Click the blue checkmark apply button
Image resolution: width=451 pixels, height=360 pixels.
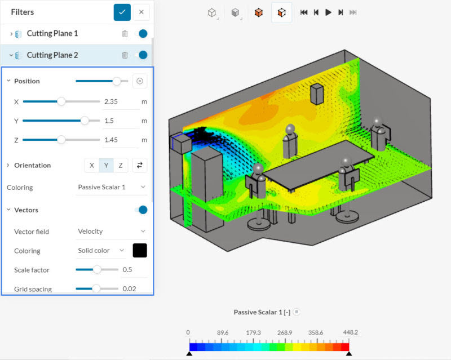pyautogui.click(x=122, y=12)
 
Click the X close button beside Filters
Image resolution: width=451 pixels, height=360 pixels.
pyautogui.click(x=142, y=12)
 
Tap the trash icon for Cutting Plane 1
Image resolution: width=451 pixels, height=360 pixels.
pyautogui.click(x=125, y=34)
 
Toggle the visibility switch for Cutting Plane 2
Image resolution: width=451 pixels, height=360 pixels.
pyautogui.click(x=142, y=55)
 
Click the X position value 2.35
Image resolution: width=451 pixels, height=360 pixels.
pyautogui.click(x=120, y=102)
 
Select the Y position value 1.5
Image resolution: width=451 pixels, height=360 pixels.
pyautogui.click(x=120, y=121)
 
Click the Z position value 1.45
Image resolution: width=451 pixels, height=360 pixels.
pyautogui.click(x=120, y=140)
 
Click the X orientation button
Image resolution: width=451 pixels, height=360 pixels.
pyautogui.click(x=92, y=165)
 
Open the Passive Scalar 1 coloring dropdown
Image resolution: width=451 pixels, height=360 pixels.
pyautogui.click(x=111, y=187)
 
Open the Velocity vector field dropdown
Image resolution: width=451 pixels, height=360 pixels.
pyautogui.click(x=111, y=231)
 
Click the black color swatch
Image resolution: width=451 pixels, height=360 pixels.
pyautogui.click(x=139, y=250)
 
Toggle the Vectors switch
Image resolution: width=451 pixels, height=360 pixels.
pyautogui.click(x=142, y=210)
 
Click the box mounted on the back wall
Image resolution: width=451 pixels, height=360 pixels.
pyautogui.click(x=316, y=94)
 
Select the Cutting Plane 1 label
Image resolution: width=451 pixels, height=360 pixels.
pyautogui.click(x=52, y=34)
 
